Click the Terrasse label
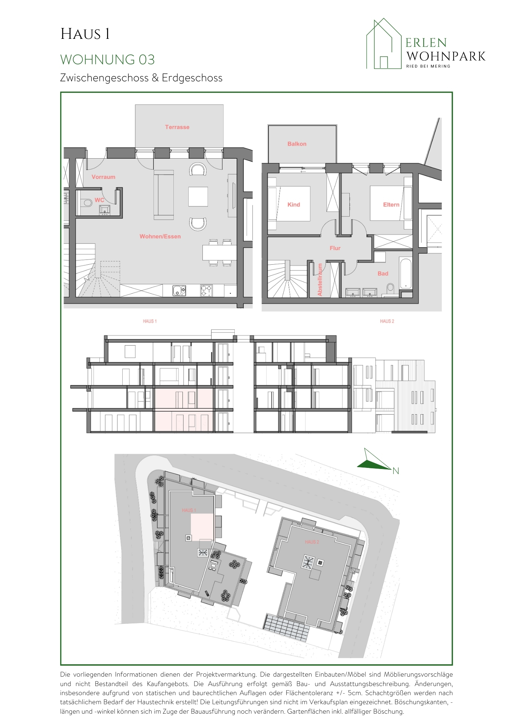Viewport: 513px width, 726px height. (177, 127)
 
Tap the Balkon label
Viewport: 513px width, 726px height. (297, 144)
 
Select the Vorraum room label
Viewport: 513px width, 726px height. (103, 177)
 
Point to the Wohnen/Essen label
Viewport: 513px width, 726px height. (160, 236)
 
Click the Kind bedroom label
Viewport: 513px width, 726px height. (294, 205)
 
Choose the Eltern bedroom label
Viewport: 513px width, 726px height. (391, 205)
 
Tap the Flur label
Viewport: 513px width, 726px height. (335, 248)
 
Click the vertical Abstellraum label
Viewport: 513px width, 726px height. (320, 280)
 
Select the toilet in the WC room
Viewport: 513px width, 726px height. (86, 203)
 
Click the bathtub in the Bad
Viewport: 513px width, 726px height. (406, 273)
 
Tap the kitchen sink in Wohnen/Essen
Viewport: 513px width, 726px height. (179, 290)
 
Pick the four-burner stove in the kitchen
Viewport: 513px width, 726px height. (206, 290)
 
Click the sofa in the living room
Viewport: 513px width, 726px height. (164, 195)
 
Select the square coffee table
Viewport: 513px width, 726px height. (198, 196)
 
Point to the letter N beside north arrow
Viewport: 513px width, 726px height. (395, 471)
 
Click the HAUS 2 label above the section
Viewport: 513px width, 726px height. (387, 321)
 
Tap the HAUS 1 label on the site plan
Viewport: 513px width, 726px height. (189, 510)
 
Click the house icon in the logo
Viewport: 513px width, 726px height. (383, 44)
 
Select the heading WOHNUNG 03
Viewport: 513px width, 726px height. (107, 60)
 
